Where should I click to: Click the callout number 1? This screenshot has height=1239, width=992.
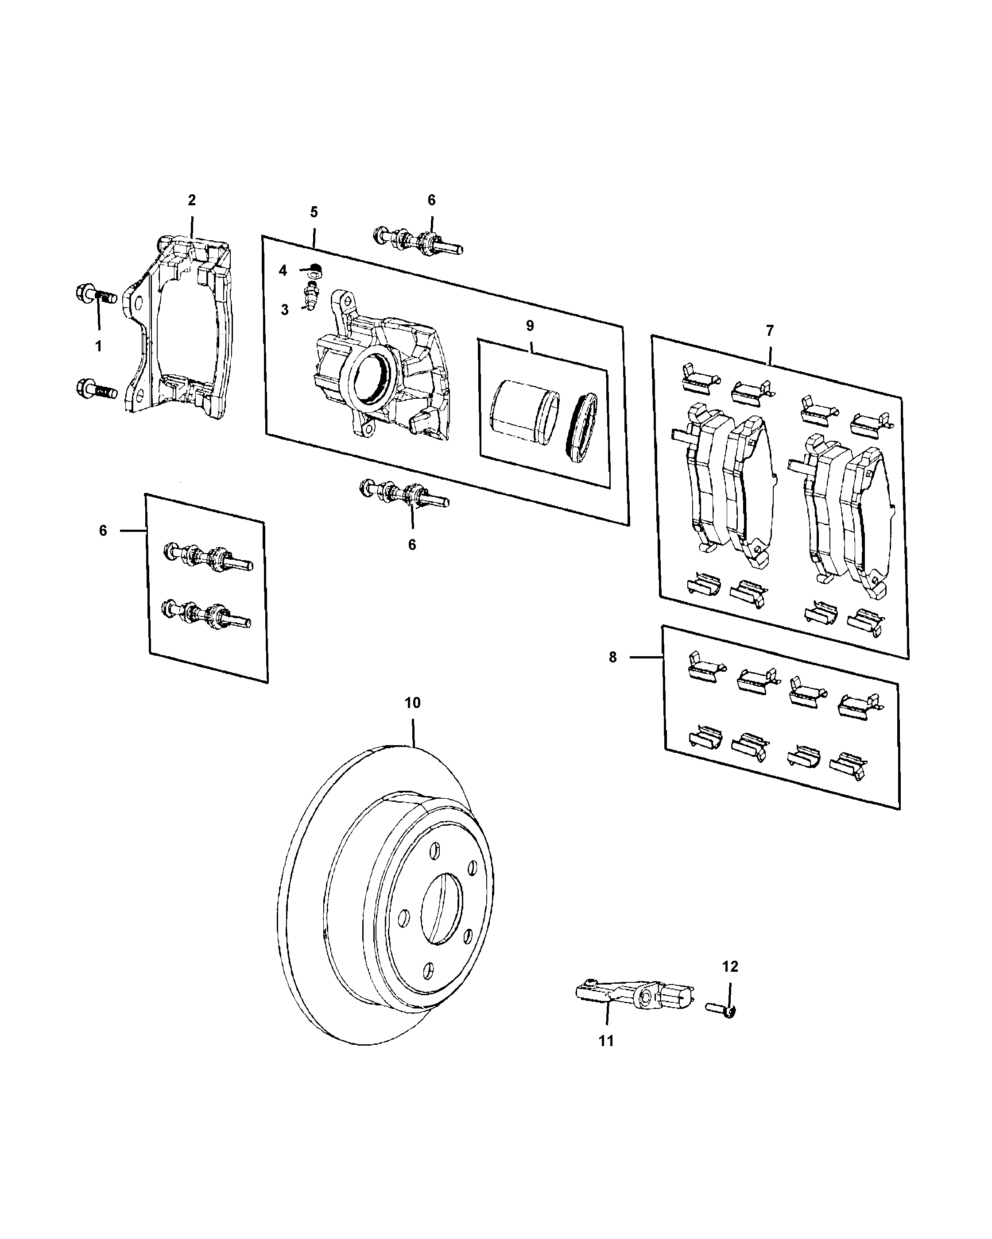tap(98, 346)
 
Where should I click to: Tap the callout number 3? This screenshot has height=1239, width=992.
tap(285, 310)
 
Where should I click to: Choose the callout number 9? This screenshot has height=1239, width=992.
tap(530, 326)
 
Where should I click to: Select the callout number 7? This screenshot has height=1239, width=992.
tap(769, 331)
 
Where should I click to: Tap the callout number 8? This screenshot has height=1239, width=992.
tap(612, 657)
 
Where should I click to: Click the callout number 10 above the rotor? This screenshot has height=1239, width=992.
tap(412, 703)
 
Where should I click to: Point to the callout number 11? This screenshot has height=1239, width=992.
tap(606, 1041)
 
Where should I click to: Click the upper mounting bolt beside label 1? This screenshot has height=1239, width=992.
tap(96, 296)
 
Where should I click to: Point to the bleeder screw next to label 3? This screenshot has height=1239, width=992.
tap(310, 299)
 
